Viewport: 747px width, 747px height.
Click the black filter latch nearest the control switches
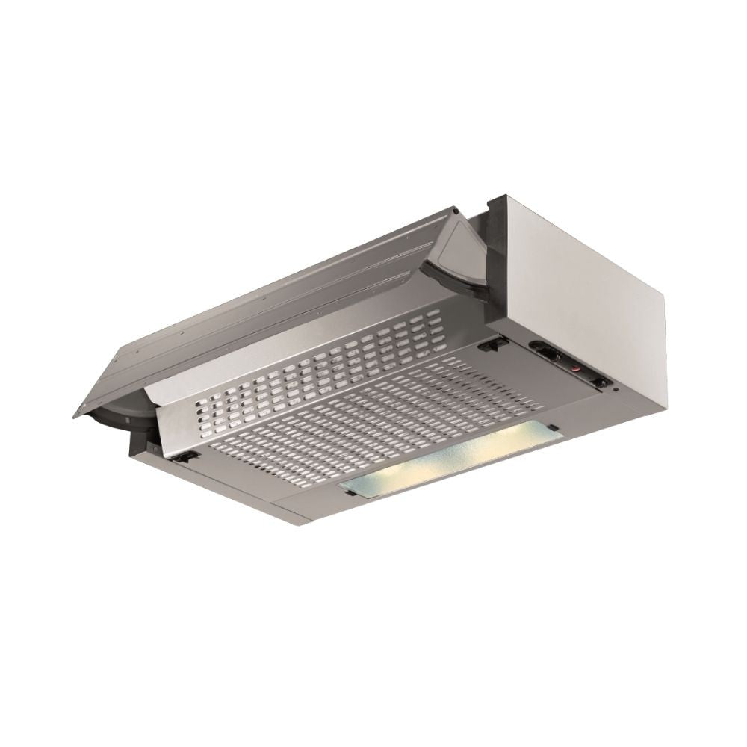[x=491, y=345]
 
